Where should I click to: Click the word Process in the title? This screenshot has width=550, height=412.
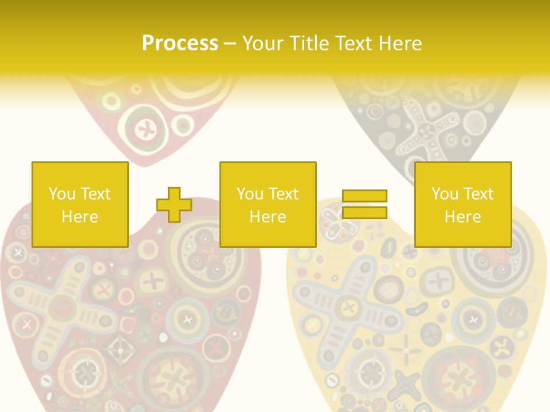click(x=180, y=43)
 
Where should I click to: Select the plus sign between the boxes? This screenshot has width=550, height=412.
click(x=174, y=205)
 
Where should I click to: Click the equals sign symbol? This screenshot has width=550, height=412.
click(x=364, y=204)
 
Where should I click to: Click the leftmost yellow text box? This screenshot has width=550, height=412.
click(x=80, y=204)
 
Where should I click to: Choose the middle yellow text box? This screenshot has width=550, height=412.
click(x=268, y=204)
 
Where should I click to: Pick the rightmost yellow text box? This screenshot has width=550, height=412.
click(x=463, y=204)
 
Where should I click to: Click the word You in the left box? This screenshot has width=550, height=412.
click(x=61, y=194)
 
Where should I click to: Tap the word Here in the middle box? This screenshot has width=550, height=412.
click(x=268, y=217)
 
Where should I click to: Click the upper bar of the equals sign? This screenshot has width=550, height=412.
click(x=364, y=196)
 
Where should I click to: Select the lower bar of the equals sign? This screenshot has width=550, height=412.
click(x=364, y=213)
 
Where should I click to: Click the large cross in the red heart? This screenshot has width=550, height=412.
click(x=63, y=309)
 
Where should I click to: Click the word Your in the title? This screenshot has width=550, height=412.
click(x=265, y=43)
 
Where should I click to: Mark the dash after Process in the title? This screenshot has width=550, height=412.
click(x=230, y=43)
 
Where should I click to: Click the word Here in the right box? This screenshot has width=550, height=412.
click(x=463, y=217)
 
